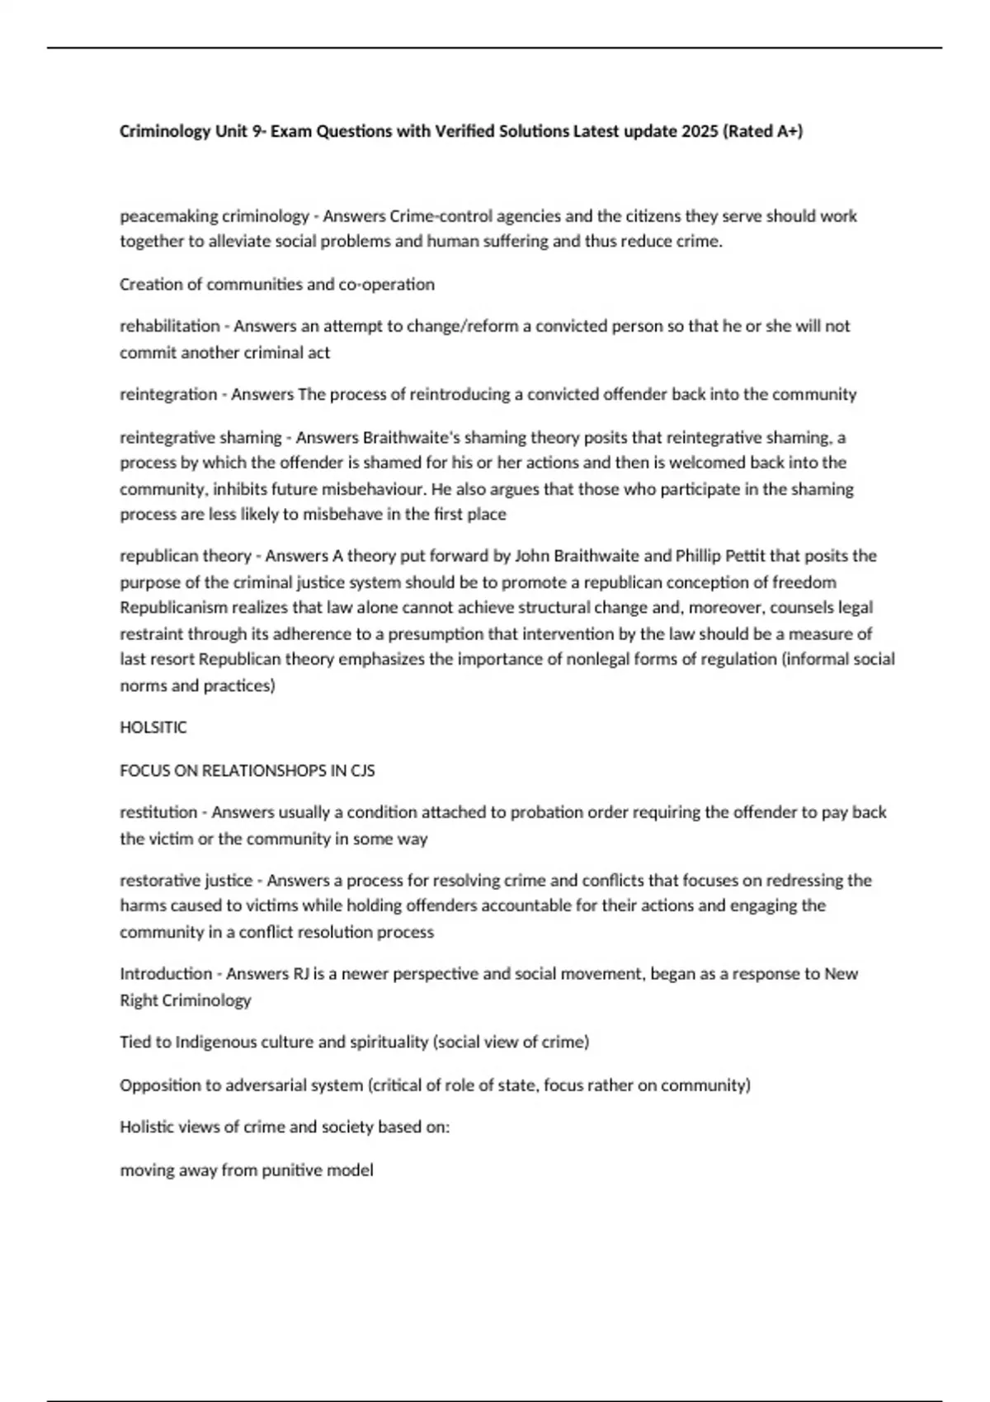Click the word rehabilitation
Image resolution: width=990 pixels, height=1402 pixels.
tap(170, 326)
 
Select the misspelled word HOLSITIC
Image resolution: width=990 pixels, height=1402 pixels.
tap(153, 727)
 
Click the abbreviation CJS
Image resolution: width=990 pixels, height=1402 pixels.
tap(363, 770)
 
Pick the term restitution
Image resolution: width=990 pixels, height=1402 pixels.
tap(158, 812)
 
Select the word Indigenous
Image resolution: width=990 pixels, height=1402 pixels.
tap(216, 1042)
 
